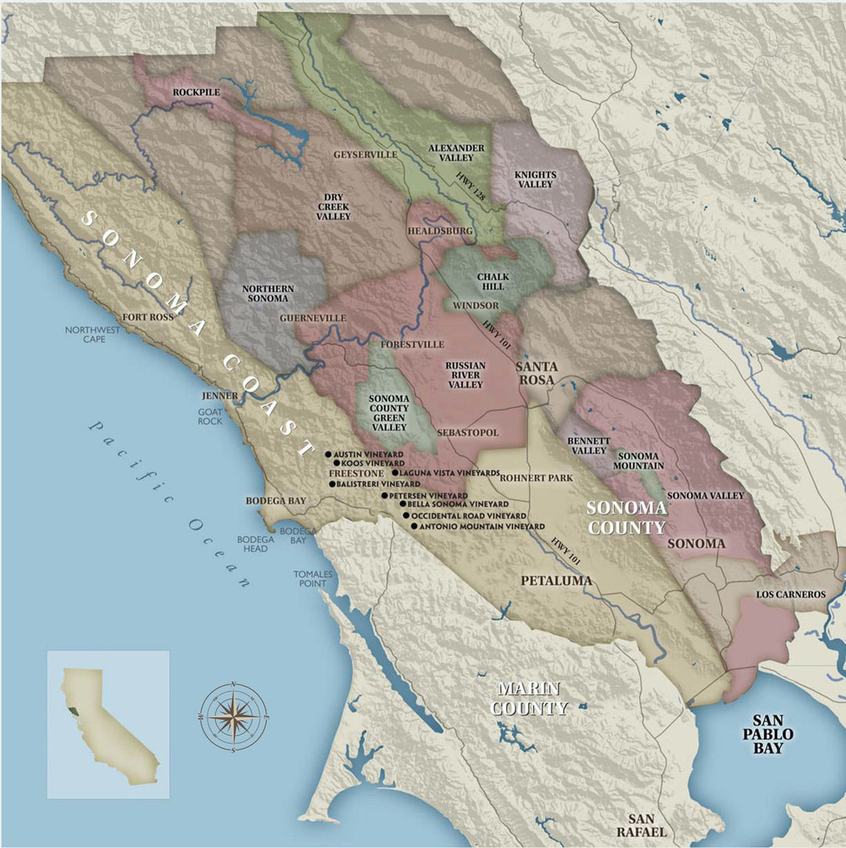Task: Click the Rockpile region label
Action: point(197,92)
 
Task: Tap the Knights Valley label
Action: point(535,179)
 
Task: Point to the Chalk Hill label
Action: point(493,282)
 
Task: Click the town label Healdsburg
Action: point(439,232)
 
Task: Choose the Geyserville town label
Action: point(365,155)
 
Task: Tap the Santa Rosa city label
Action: point(536,373)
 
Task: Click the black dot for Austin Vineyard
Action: point(329,454)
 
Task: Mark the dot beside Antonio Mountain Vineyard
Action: point(414,527)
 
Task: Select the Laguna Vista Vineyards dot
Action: point(394,474)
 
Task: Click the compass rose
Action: point(234,716)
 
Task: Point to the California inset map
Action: point(108,724)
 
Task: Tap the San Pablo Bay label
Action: point(772,734)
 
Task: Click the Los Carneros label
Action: point(790,595)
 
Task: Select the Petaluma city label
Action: point(555,580)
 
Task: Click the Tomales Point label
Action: point(313,579)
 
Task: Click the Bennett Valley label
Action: point(587,446)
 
